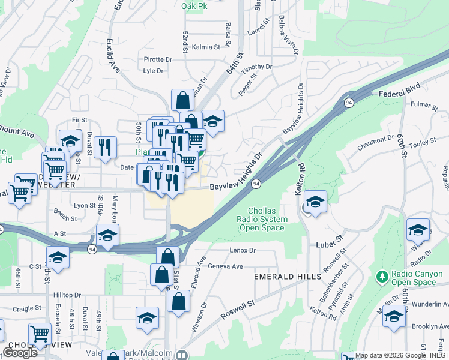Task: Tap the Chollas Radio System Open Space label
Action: (263, 219)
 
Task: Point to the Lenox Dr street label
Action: (243, 250)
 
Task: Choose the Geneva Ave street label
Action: (225, 266)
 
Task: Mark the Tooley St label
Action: (423, 143)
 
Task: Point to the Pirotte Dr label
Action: (158, 59)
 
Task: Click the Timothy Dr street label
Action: (257, 67)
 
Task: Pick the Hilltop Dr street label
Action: (67, 295)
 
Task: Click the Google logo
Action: (20, 353)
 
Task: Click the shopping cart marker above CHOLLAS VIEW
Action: (40, 333)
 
